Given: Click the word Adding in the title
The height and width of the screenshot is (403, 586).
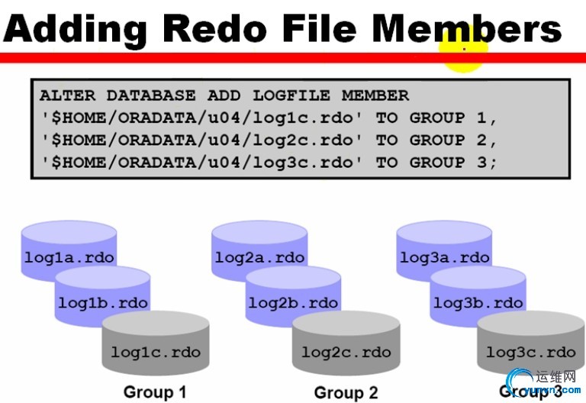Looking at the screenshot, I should click(x=76, y=30).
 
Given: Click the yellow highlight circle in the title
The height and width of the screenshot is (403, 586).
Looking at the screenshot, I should click(x=464, y=47).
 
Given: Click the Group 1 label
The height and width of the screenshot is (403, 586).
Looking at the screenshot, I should click(x=155, y=392).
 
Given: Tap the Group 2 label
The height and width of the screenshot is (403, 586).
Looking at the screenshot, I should click(x=346, y=392).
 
